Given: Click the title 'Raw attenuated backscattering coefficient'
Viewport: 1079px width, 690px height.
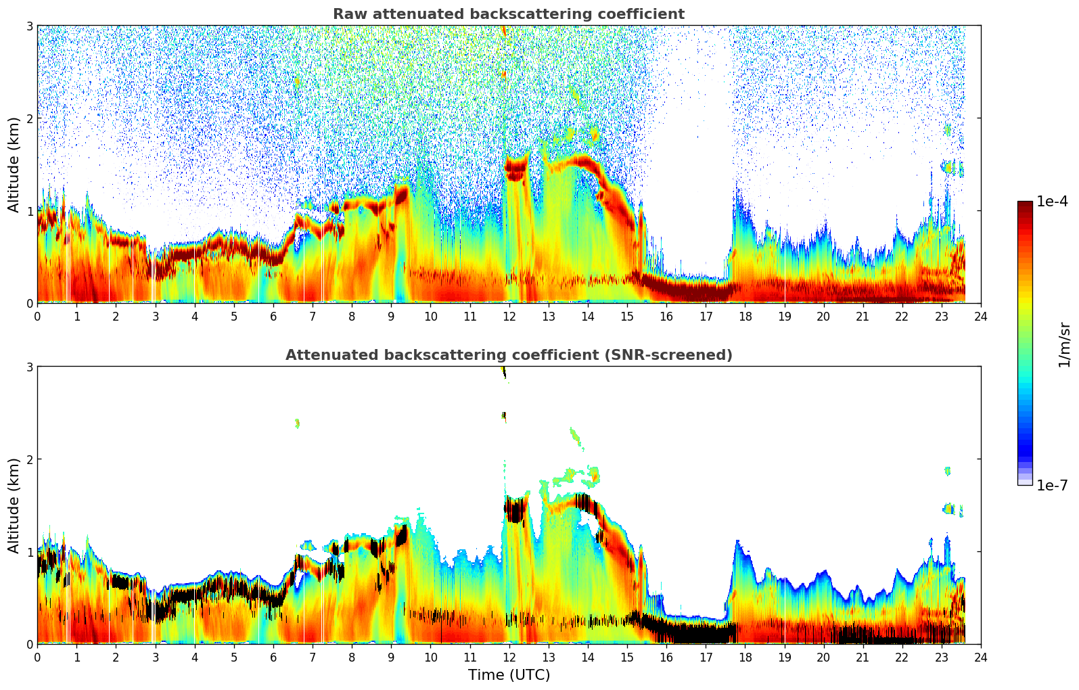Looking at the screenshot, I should pyautogui.click(x=508, y=14).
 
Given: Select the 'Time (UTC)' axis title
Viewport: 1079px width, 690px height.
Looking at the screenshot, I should pyautogui.click(x=509, y=675).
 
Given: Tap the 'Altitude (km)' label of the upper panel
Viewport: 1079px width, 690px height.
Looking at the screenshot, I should pyautogui.click(x=14, y=164).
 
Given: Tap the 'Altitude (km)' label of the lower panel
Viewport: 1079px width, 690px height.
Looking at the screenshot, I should pyautogui.click(x=14, y=505).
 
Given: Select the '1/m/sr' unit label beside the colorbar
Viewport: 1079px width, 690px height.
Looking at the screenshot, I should pyautogui.click(x=1064, y=344).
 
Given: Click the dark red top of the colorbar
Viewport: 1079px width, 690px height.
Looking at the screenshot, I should pyautogui.click(x=1024, y=205).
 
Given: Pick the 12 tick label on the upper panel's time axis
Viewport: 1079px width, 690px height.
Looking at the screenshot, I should pyautogui.click(x=509, y=316).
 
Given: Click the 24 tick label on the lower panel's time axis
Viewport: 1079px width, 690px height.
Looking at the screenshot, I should pyautogui.click(x=980, y=657).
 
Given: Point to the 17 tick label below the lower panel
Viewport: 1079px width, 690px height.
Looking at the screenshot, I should pyautogui.click(x=706, y=657).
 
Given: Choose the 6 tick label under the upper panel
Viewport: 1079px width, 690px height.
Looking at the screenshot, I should pyautogui.click(x=273, y=316).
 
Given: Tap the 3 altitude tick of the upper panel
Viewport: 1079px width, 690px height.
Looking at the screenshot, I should pyautogui.click(x=30, y=26).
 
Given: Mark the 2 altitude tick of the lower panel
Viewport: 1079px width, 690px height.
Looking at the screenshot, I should pyautogui.click(x=30, y=459).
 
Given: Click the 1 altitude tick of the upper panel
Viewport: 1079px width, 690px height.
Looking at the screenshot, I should pyautogui.click(x=30, y=211).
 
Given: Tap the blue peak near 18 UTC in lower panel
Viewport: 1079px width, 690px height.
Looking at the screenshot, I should pyautogui.click(x=737, y=544).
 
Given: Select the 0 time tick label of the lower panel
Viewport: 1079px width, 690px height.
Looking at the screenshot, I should pyautogui.click(x=37, y=657).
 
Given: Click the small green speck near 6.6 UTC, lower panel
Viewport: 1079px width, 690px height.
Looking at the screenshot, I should pyautogui.click(x=297, y=424).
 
